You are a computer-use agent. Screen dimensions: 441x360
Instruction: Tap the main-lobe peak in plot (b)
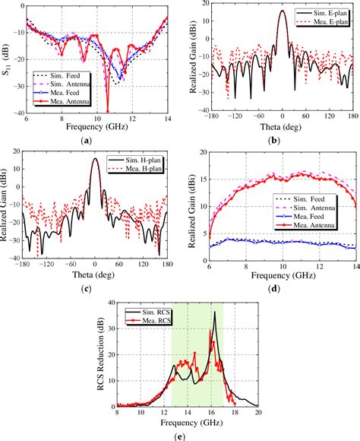pyautogui.click(x=282, y=11)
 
